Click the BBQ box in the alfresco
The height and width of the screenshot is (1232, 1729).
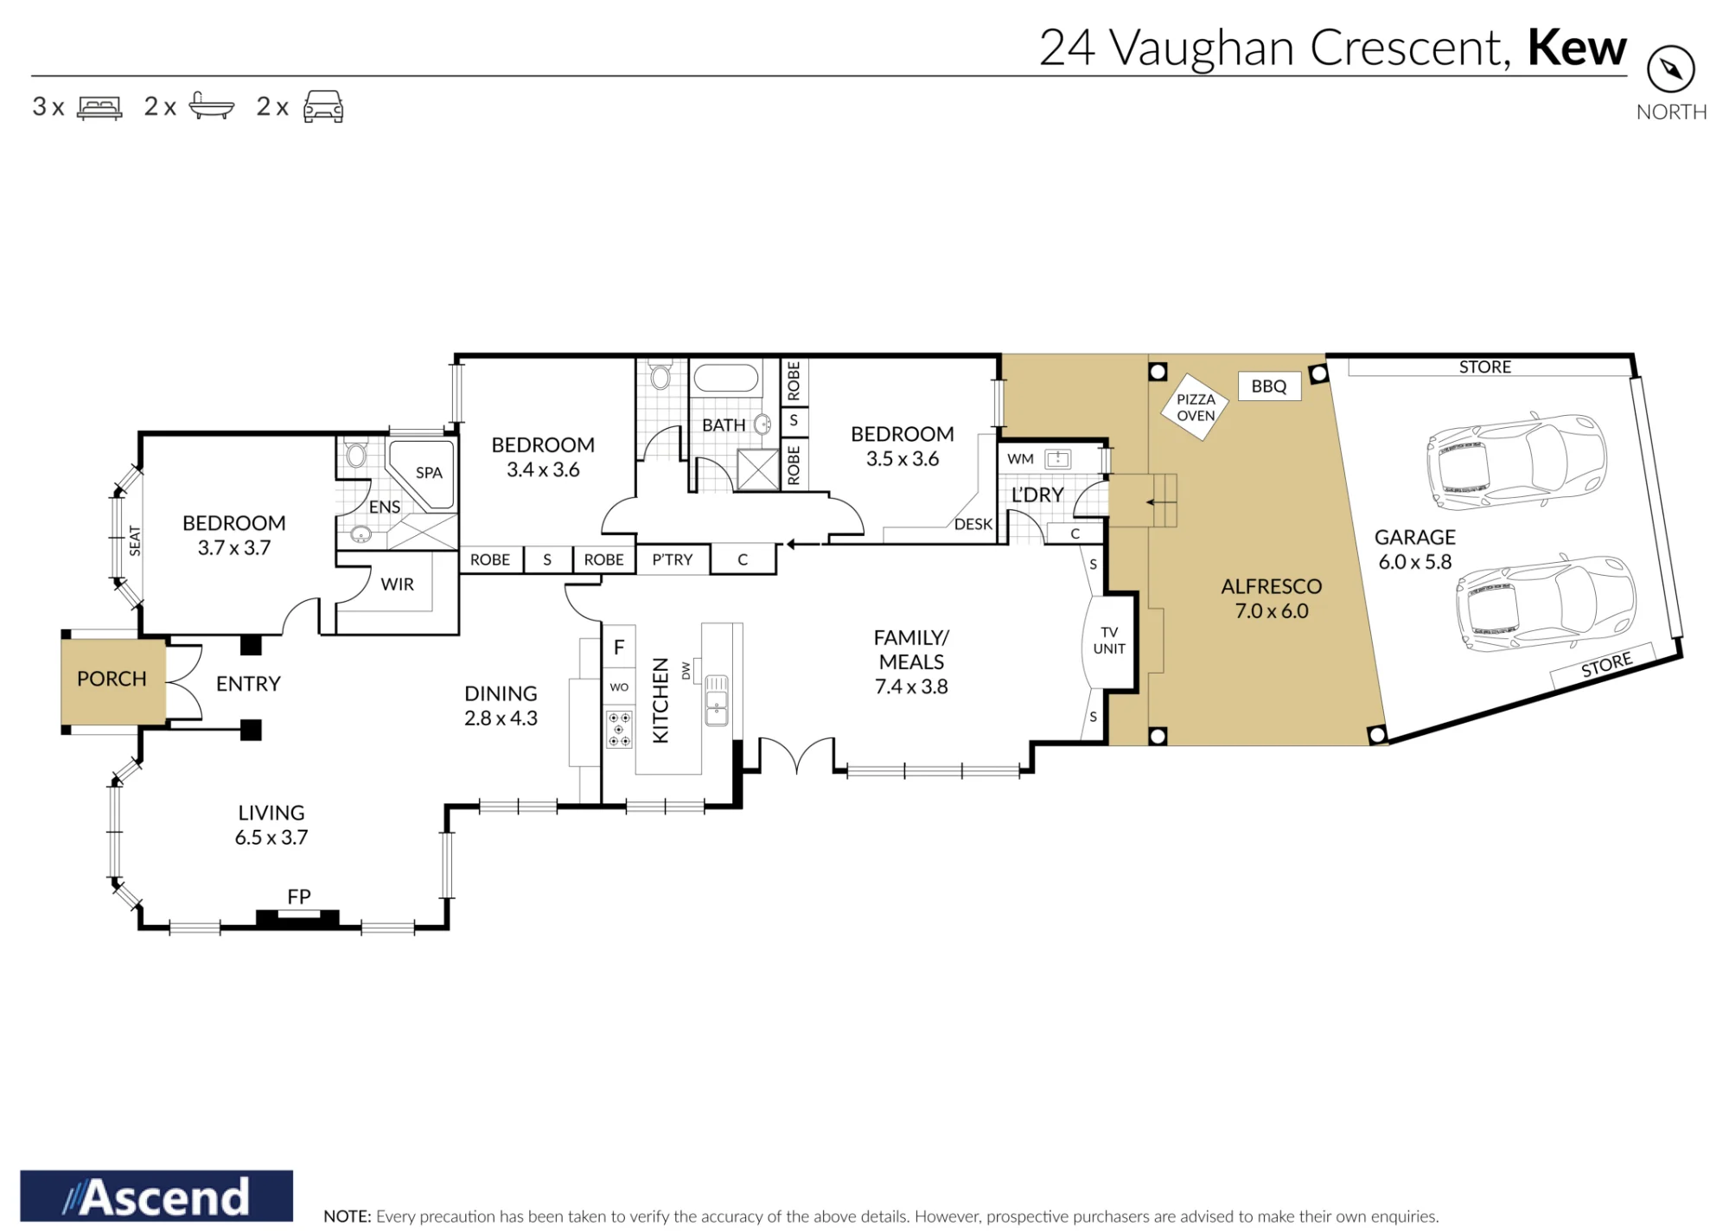pos(1269,386)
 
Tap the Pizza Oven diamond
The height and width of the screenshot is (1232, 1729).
pos(1196,407)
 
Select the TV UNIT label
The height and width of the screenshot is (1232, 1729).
pos(1109,641)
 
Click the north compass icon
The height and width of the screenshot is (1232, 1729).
pos(1670,69)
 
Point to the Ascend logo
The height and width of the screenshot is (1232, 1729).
pos(156,1196)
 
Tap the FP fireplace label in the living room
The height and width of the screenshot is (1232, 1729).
pos(299,897)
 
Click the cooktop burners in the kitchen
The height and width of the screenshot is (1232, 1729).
pos(619,729)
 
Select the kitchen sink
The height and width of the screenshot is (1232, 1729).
pos(717,700)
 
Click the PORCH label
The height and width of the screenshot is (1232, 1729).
pos(112,679)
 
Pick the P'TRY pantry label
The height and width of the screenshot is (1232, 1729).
pos(673,559)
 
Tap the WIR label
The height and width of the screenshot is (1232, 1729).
pos(398,584)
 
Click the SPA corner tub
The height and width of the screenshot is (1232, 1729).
pos(421,475)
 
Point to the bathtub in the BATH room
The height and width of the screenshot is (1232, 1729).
pos(726,378)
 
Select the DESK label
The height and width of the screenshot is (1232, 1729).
pos(973,524)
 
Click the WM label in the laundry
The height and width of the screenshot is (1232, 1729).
pos(1020,459)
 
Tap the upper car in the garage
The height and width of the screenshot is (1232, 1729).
pos(1516,460)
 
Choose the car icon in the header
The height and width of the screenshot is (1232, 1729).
pos(323,106)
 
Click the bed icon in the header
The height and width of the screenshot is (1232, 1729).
pos(99,107)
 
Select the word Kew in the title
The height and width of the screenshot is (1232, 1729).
pos(1577,48)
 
